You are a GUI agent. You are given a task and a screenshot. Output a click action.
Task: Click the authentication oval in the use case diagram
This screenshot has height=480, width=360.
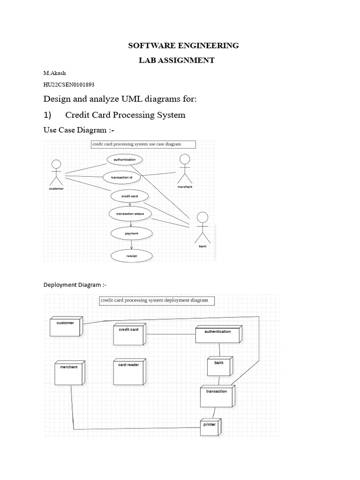coord(124,159)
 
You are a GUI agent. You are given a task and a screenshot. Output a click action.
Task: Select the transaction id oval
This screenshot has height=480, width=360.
coord(122,178)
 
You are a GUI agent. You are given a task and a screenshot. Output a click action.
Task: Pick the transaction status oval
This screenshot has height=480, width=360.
coord(130,214)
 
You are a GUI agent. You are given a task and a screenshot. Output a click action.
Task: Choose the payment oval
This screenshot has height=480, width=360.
coord(131,232)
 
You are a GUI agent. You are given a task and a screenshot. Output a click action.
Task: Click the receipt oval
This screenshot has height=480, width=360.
coord(131,256)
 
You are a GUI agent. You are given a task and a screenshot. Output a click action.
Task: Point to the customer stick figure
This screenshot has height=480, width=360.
coord(56,174)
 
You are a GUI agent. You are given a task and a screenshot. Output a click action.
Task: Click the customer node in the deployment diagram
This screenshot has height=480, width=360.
coord(66,327)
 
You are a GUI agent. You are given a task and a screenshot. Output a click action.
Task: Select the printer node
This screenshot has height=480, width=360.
coord(210,426)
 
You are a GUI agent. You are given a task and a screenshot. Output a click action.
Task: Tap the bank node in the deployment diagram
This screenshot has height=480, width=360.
coord(219,366)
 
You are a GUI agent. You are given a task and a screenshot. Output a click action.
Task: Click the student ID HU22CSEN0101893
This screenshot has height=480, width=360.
coord(68,84)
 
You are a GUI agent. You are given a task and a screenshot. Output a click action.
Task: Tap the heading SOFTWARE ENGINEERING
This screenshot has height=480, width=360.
coord(184,45)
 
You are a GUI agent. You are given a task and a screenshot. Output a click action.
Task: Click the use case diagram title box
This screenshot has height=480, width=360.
coord(143,144)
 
